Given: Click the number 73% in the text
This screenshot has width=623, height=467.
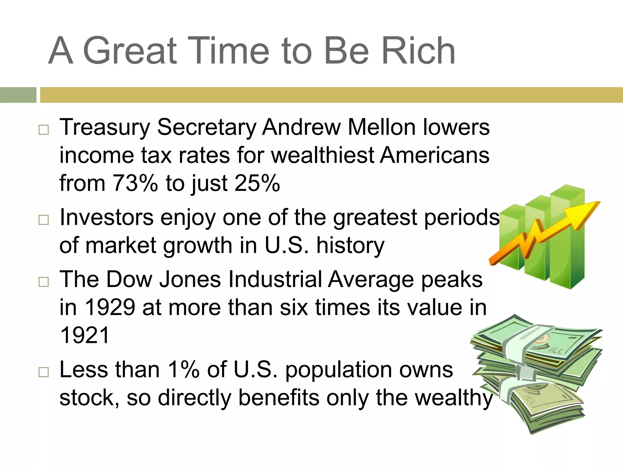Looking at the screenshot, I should [x=135, y=183].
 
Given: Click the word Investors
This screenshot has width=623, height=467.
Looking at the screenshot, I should [x=106, y=217].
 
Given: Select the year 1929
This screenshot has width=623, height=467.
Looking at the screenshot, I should [x=110, y=307].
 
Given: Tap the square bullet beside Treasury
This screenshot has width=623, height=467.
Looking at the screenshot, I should [x=44, y=130].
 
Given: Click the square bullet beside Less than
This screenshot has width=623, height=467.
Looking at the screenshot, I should [x=44, y=372].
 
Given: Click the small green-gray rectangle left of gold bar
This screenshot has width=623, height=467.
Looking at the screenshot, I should [x=18, y=95].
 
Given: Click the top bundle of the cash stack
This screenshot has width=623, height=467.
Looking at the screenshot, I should [x=538, y=344].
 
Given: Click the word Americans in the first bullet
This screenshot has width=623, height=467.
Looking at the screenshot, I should [x=435, y=155].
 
